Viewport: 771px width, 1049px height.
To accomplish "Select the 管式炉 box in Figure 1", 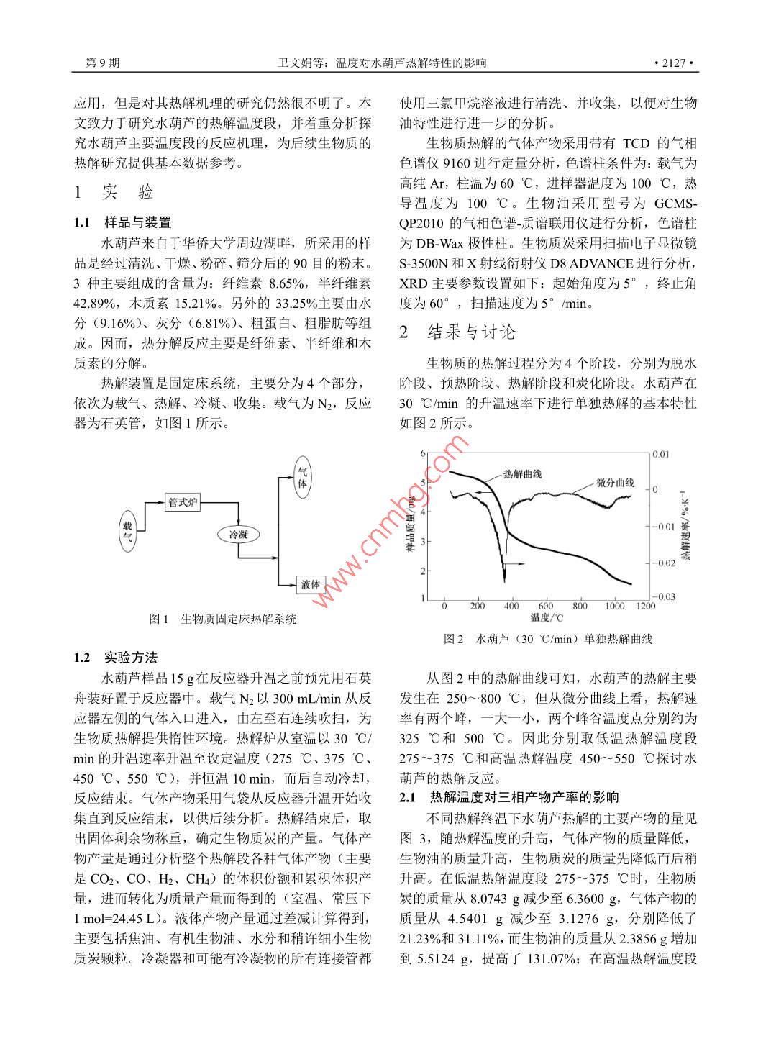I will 183,502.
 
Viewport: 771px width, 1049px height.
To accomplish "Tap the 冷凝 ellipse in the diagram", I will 238,534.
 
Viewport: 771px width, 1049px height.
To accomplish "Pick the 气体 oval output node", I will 303,480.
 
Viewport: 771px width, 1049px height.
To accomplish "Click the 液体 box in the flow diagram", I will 311,583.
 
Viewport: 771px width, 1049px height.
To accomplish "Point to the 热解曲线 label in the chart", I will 522,474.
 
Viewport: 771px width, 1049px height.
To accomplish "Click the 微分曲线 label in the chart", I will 615,482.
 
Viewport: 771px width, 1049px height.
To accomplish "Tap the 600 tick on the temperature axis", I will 545,606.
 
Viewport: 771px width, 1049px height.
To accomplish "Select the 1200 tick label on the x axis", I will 645,606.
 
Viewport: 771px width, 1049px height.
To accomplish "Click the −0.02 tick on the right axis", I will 664,563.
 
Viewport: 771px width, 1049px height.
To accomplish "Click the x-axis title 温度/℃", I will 547,617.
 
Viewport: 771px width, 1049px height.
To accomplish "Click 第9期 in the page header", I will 102,63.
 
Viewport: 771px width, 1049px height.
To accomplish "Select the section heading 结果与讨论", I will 472,332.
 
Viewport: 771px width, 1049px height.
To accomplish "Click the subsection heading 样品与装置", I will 137,222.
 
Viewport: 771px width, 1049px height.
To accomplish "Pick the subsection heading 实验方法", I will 130,658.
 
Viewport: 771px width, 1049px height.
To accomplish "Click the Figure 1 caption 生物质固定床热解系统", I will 238,619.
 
